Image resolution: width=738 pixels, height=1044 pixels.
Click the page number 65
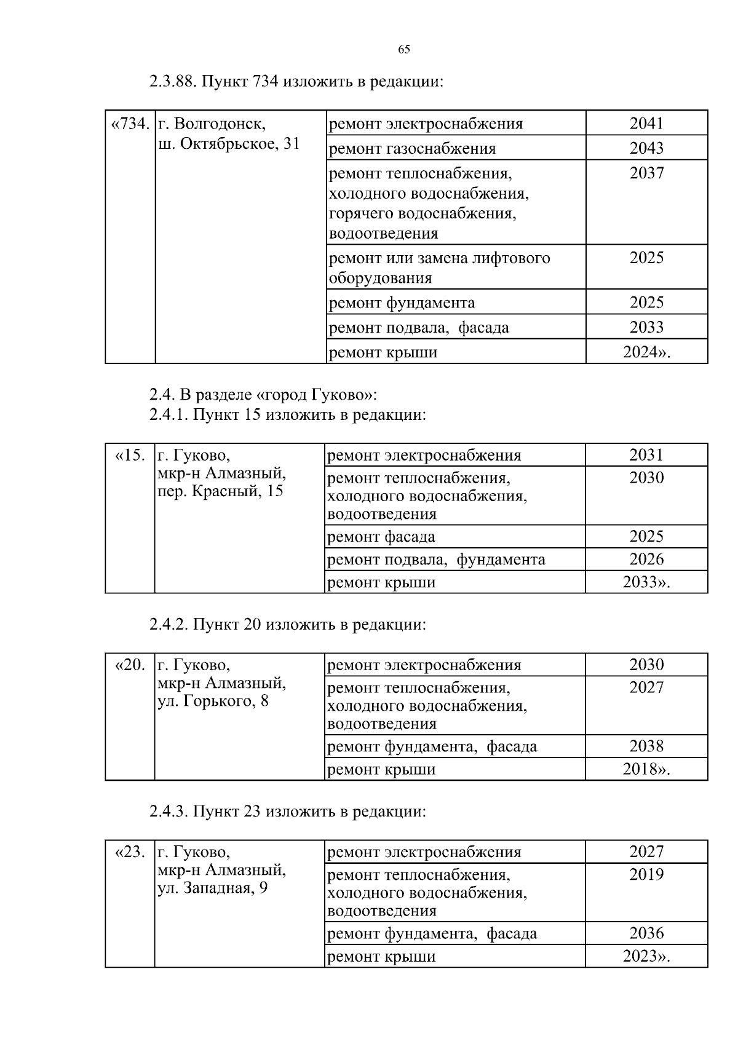pyautogui.click(x=404, y=50)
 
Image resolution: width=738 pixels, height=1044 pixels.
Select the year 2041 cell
pyautogui.click(x=646, y=124)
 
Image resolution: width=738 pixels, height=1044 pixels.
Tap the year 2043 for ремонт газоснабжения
pyautogui.click(x=646, y=148)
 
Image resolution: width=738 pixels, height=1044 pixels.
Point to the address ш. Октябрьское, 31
pyautogui.click(x=229, y=144)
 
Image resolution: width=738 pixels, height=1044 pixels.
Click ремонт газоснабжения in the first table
pyautogui.click(x=412, y=149)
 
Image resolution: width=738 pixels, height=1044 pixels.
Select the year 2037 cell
pyautogui.click(x=646, y=173)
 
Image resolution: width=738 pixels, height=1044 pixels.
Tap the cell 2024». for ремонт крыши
pyautogui.click(x=646, y=352)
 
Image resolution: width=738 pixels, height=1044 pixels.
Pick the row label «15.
pyautogui.click(x=130, y=456)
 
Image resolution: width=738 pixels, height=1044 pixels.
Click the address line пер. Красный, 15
pyautogui.click(x=221, y=491)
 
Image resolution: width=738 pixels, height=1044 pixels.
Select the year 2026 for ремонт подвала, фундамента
pyautogui.click(x=646, y=560)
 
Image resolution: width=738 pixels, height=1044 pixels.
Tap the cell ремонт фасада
pyautogui.click(x=381, y=537)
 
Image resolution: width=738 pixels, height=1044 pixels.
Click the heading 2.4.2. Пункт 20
pyautogui.click(x=287, y=625)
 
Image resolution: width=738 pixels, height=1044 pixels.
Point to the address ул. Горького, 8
pyautogui.click(x=213, y=701)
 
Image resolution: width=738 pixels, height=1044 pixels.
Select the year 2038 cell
pyautogui.click(x=646, y=746)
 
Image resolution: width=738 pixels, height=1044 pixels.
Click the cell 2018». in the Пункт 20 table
pyautogui.click(x=646, y=769)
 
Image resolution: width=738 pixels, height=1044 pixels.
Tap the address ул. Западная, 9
pyautogui.click(x=213, y=888)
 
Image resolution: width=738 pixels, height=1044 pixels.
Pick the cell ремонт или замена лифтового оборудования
pyautogui.click(x=439, y=267)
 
